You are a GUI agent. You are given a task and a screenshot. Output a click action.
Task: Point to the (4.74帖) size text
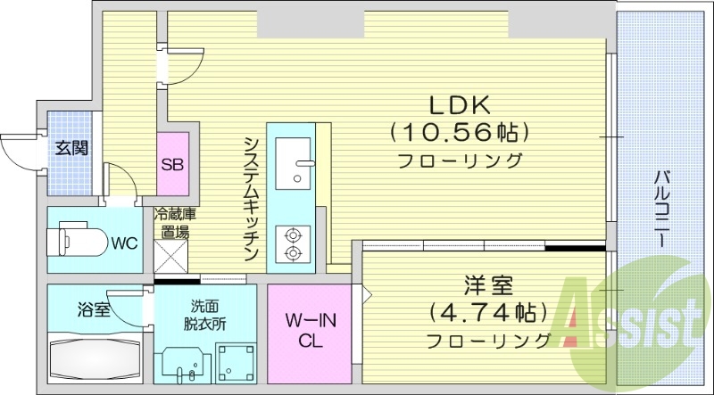click(x=487, y=313)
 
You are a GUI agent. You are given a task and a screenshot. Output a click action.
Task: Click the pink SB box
click(x=173, y=163)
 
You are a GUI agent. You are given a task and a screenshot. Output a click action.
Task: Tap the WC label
click(x=123, y=242)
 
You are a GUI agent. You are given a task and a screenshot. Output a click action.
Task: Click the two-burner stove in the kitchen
click(x=292, y=244)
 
